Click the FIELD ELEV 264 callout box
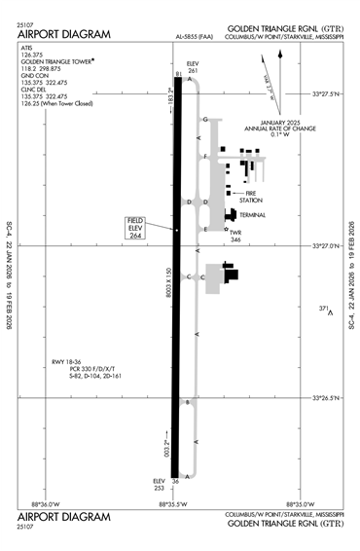click(x=135, y=227)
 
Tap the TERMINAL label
click(x=253, y=214)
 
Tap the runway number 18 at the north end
click(x=176, y=74)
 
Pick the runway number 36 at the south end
click(x=176, y=481)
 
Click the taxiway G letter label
click(x=205, y=120)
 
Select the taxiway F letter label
click(x=205, y=157)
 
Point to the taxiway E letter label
click(x=206, y=229)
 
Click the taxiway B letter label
click(x=188, y=400)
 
